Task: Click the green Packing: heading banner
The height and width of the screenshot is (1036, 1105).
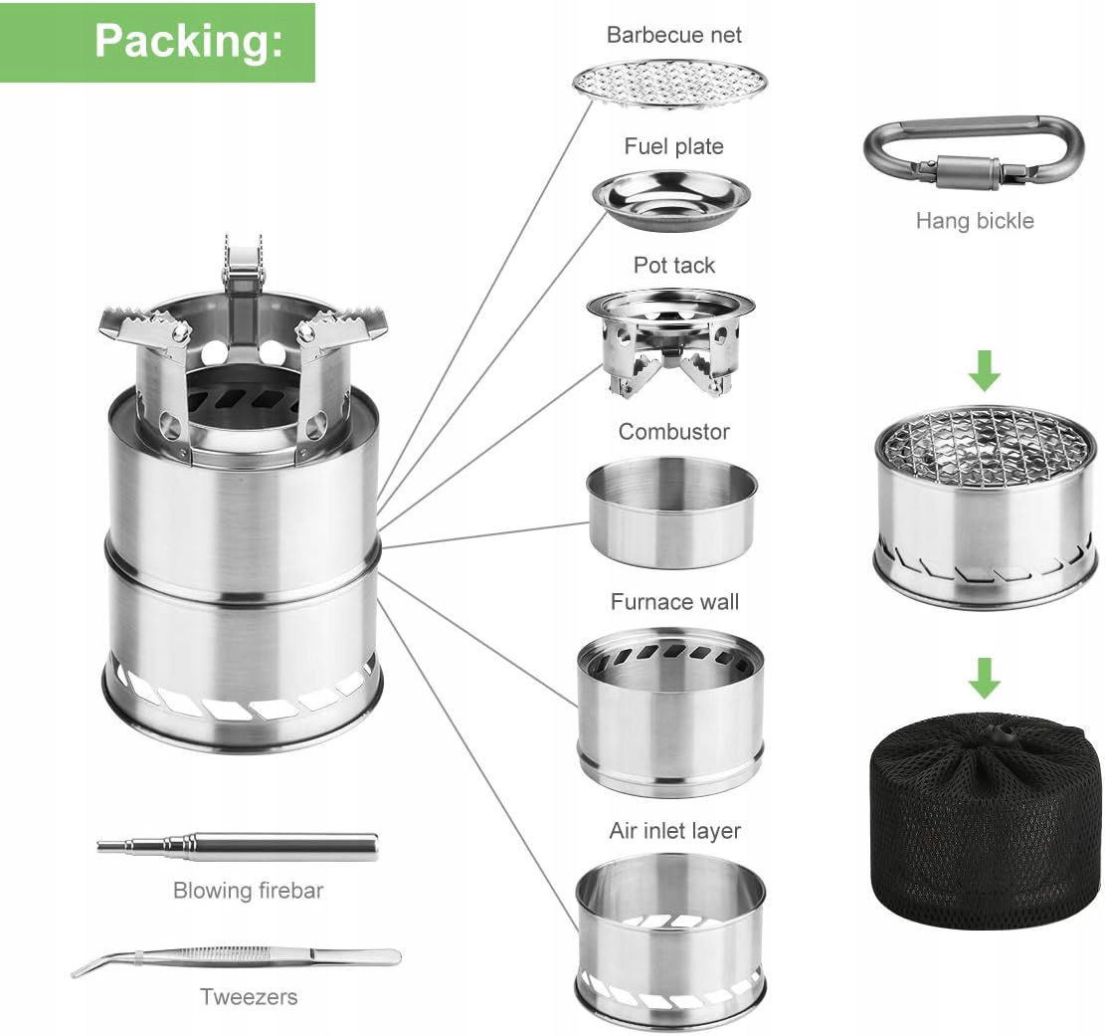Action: [157, 43]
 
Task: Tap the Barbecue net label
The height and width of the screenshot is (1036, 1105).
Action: [673, 35]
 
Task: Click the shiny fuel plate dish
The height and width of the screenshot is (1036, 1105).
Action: [671, 202]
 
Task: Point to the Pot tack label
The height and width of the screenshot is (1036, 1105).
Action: [673, 265]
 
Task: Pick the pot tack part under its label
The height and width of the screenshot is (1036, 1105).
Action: [670, 341]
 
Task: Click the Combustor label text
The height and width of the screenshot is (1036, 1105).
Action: [673, 432]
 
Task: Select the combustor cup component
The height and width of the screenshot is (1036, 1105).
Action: [671, 512]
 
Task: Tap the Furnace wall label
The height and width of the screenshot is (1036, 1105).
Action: [674, 601]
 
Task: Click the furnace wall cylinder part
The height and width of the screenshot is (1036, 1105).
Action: [671, 713]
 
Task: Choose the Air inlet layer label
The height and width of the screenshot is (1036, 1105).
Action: [674, 831]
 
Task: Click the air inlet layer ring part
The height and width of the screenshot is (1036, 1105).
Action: [670, 935]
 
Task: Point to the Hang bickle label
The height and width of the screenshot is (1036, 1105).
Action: [975, 221]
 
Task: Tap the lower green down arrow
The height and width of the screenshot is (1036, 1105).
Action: [985, 677]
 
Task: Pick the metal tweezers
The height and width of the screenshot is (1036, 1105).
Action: [236, 959]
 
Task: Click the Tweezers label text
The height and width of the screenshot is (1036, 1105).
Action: [248, 996]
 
